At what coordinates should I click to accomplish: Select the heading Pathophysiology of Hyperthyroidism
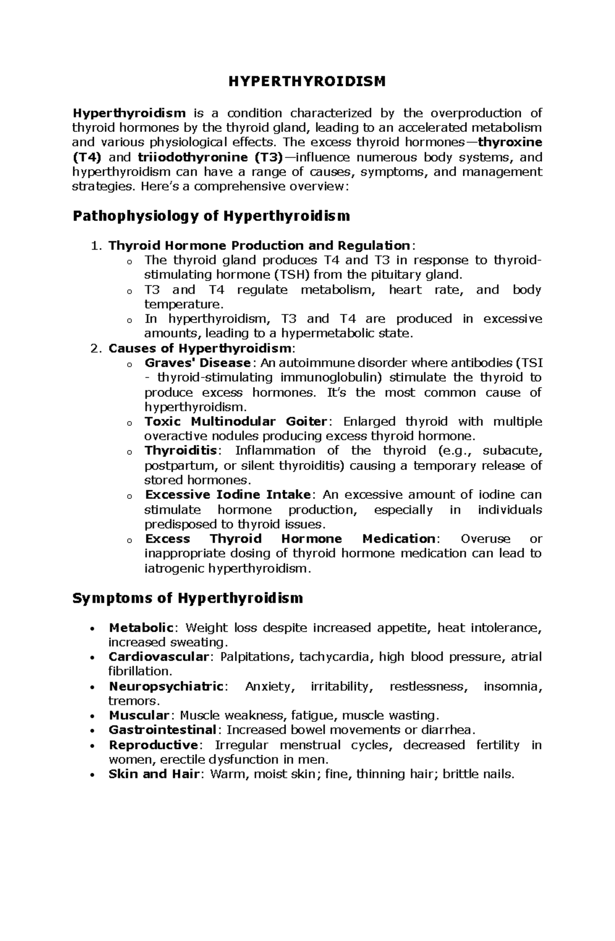tap(211, 216)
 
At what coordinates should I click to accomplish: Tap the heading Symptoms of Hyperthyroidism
tap(188, 598)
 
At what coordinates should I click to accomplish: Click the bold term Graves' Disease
tap(197, 363)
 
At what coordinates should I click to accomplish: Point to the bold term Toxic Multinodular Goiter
tap(235, 422)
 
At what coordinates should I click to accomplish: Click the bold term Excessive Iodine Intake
tap(228, 495)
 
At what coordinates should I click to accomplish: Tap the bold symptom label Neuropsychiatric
tap(166, 686)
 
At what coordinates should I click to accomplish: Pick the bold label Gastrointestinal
tap(162, 730)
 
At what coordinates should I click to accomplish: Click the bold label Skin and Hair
tap(153, 774)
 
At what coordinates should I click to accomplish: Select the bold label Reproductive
tap(153, 745)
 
